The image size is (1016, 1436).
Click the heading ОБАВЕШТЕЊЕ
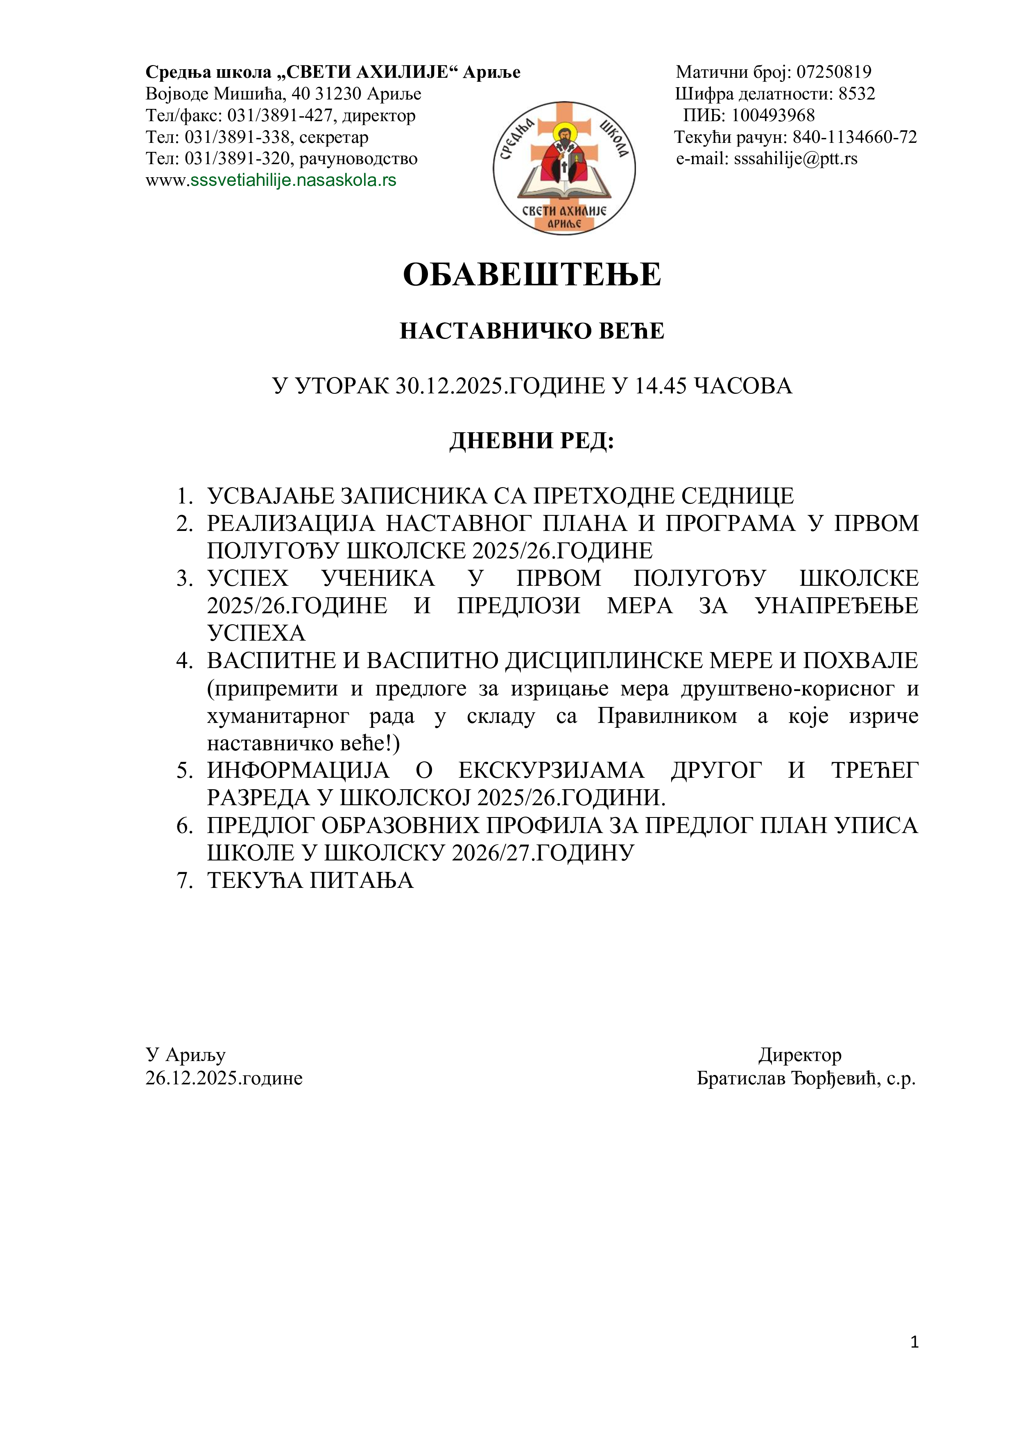coord(532,275)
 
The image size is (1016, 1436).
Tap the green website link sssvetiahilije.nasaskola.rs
coord(293,181)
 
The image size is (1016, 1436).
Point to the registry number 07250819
coord(833,72)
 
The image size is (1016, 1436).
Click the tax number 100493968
coord(773,116)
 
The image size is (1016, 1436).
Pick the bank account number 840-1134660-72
coord(855,137)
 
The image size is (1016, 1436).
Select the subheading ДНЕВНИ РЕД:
coord(532,441)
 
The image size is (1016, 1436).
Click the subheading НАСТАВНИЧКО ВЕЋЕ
coord(532,331)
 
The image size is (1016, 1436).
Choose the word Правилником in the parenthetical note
coord(667,716)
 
